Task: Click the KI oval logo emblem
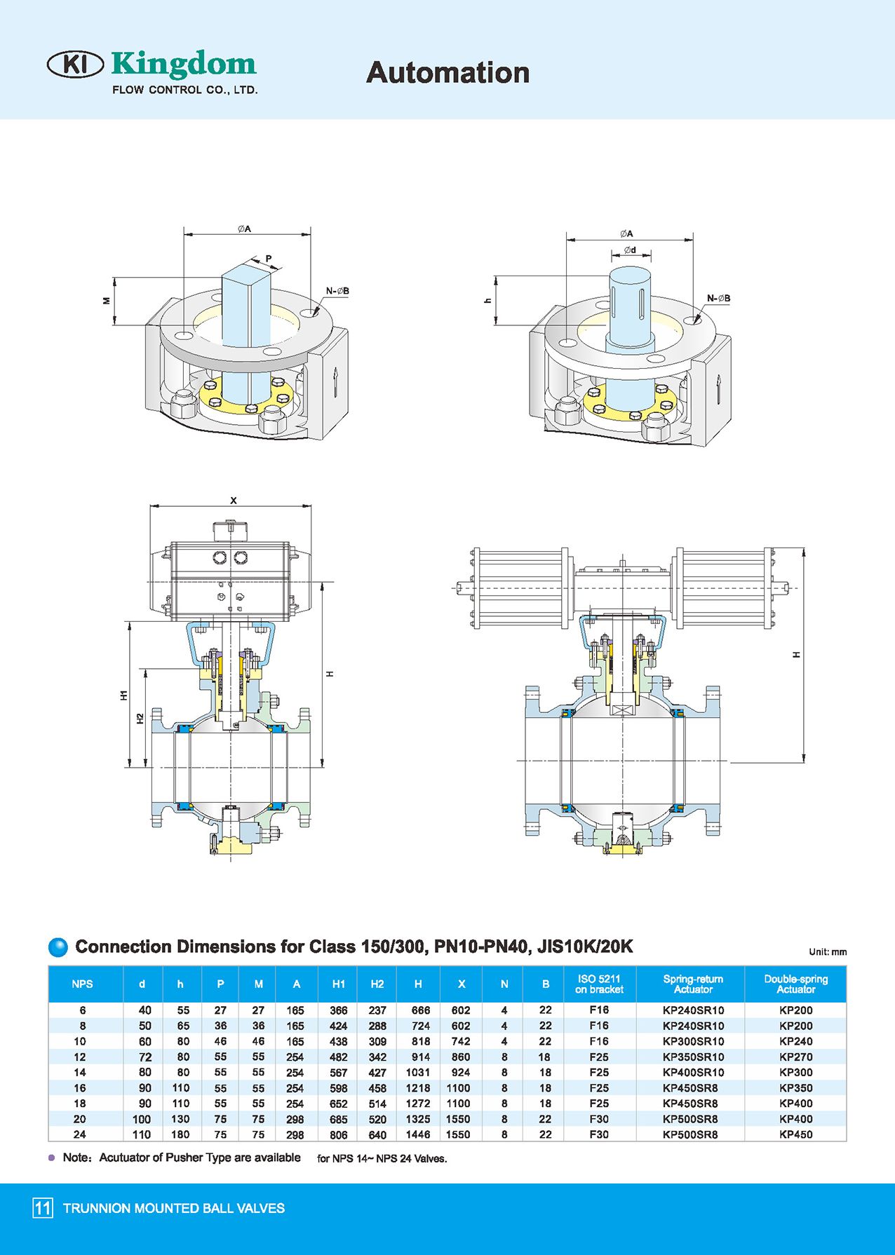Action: (75, 65)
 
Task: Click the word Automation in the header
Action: (447, 73)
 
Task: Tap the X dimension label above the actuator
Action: (234, 501)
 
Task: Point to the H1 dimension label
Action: (123, 695)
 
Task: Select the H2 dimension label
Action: (140, 719)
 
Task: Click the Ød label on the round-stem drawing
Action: (630, 250)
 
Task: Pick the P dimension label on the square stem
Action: (268, 259)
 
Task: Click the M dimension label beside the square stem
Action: (107, 301)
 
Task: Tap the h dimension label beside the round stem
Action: (488, 301)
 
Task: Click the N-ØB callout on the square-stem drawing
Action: (337, 291)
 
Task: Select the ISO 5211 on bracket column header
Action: (599, 984)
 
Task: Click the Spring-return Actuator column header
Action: (693, 984)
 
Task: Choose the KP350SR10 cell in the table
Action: (693, 1057)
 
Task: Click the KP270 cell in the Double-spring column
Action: (795, 1057)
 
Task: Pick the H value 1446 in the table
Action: (418, 1134)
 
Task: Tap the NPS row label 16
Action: (80, 1088)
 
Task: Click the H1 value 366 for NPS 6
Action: (338, 1010)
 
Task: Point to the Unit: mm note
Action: (828, 952)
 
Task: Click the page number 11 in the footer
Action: (43, 1207)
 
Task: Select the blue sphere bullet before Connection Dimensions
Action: (58, 947)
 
